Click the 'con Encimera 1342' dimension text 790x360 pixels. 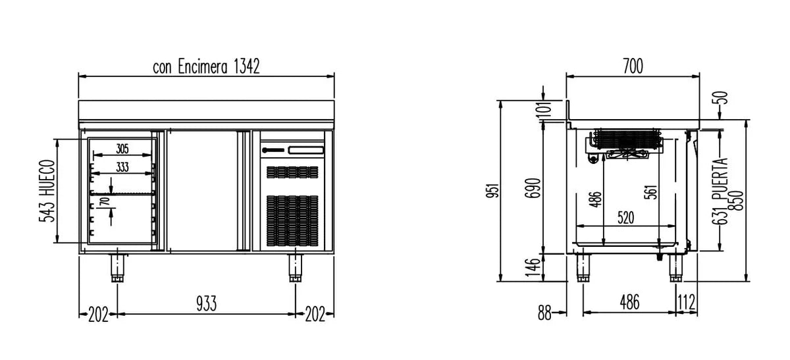(206, 66)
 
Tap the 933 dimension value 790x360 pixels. (206, 303)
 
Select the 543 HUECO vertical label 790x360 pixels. (47, 191)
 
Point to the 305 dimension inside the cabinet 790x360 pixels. (122, 149)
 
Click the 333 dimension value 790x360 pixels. (122, 167)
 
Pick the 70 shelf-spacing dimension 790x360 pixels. (105, 203)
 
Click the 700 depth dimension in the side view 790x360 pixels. (633, 66)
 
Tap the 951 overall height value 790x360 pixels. (493, 190)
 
